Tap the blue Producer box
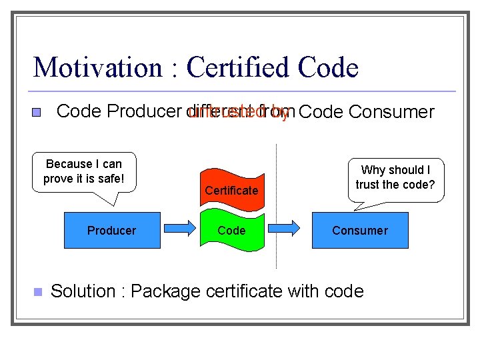(112, 231)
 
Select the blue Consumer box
(360, 231)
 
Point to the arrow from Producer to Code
(180, 230)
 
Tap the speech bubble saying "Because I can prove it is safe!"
(84, 172)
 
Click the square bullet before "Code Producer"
(38, 113)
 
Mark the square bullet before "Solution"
(37, 292)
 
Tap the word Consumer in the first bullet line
(391, 112)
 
